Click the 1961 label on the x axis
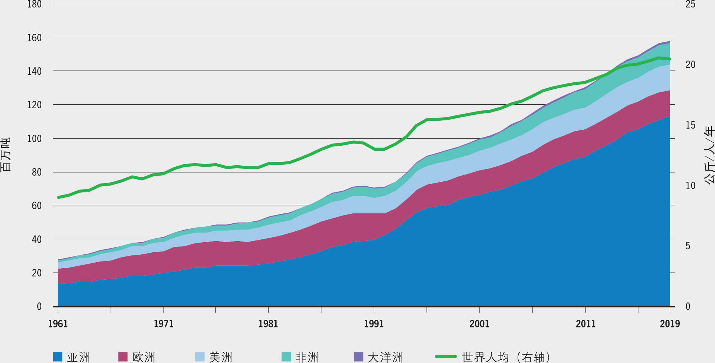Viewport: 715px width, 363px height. (x=58, y=324)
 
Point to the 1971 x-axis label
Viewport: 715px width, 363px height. (x=163, y=324)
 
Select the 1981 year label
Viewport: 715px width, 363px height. (x=268, y=324)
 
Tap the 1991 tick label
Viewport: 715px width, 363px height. (x=374, y=324)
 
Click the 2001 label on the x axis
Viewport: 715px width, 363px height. (x=479, y=324)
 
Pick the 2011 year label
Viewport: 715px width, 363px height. (x=585, y=324)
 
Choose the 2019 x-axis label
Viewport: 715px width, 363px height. (x=669, y=324)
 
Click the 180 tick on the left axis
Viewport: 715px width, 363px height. (x=35, y=5)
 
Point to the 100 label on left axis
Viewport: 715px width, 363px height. (x=35, y=139)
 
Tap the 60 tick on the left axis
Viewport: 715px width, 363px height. (x=37, y=206)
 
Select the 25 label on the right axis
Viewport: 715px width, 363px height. (x=690, y=5)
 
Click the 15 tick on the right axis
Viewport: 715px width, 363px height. (x=690, y=125)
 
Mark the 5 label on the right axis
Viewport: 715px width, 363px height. (x=688, y=246)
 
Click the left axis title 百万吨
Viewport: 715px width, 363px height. (x=6, y=155)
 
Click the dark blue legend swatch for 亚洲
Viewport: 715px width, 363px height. (x=58, y=357)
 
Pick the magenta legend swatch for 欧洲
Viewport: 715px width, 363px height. (x=123, y=357)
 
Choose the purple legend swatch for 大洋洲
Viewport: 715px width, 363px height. (x=359, y=357)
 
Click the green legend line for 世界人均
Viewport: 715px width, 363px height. (x=446, y=356)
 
